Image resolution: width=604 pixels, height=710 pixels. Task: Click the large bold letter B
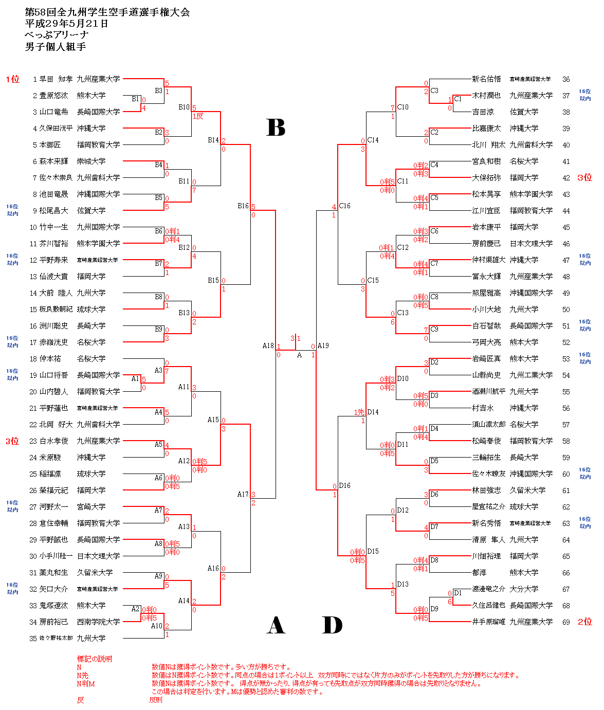[276, 128]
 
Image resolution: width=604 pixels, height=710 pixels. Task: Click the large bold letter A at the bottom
[276, 625]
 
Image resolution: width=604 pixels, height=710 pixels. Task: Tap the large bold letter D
[332, 625]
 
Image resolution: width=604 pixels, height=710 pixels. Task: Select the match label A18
[268, 346]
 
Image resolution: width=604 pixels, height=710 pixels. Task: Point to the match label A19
[323, 346]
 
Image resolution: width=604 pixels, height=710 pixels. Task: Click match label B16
[243, 206]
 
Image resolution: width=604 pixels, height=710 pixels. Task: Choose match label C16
[344, 206]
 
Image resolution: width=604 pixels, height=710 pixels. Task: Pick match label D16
[344, 486]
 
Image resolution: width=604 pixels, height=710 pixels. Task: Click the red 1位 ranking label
[12, 79]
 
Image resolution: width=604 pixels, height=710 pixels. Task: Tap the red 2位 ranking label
[585, 622]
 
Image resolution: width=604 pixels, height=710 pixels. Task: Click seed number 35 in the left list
[33, 639]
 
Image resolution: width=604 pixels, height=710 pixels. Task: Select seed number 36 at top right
[566, 79]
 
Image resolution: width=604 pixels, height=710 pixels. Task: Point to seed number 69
[566, 622]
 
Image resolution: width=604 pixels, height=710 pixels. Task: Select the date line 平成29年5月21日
[67, 24]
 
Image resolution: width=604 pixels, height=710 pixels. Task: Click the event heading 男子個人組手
[56, 47]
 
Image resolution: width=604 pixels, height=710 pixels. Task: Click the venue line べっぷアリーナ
[57, 35]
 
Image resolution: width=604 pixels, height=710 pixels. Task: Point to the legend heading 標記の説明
[95, 659]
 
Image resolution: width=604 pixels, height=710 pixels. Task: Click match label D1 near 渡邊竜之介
[458, 593]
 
